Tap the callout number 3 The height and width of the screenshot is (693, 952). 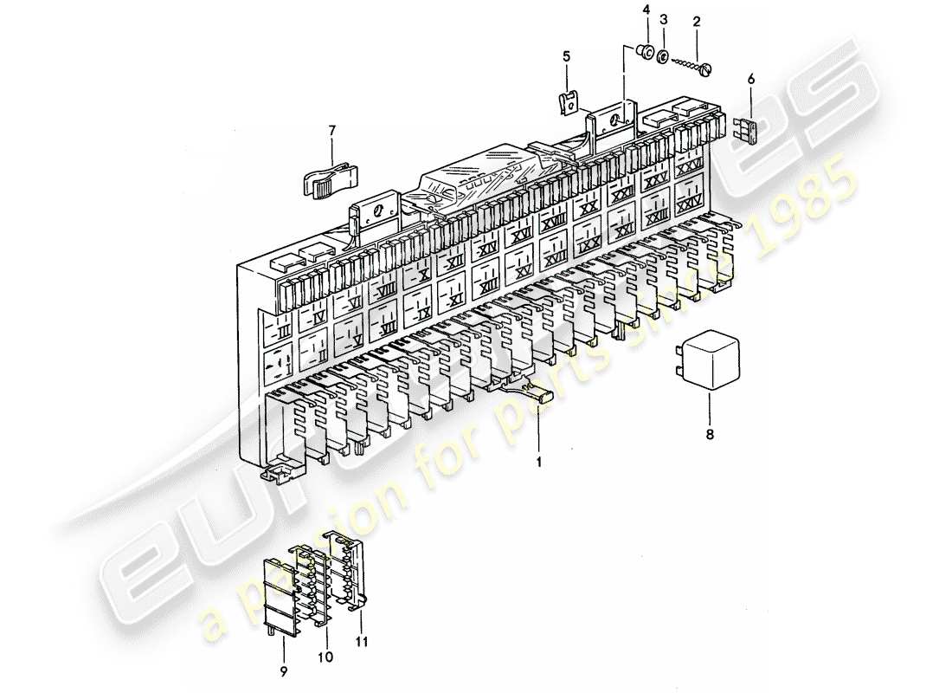[664, 18]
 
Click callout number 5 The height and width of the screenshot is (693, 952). [567, 56]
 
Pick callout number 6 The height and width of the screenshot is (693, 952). [750, 79]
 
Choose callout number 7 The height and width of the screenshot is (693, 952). [331, 132]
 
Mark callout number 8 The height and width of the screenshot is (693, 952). [710, 435]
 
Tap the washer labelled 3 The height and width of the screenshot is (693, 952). [662, 57]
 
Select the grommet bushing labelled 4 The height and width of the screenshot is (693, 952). [645, 54]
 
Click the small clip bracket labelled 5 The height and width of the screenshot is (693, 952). [569, 102]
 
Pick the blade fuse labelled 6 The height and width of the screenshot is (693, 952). [749, 129]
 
